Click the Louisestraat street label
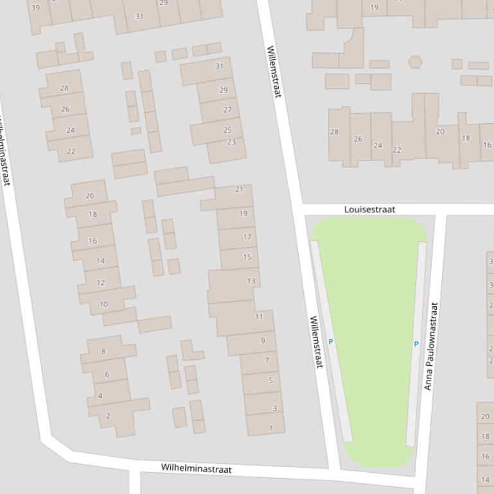pos(369,210)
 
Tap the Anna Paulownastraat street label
pos(430,346)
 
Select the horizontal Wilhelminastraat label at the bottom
pos(196,468)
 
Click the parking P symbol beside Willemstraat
pos(331,342)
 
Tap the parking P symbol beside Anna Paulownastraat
pos(416,345)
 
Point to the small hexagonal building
pos(416,62)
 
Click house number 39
pos(35,8)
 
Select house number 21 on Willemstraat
pos(240,189)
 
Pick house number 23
pos(231,142)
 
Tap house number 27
pos(227,110)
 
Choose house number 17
pos(247,237)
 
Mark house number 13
pos(251,281)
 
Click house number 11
pos(259,316)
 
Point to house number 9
pos(263,341)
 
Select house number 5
pos(270,380)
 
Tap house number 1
pos(270,427)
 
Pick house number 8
pos(104,352)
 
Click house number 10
pos(103,305)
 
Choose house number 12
pos(101,283)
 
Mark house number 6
pos(107,374)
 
